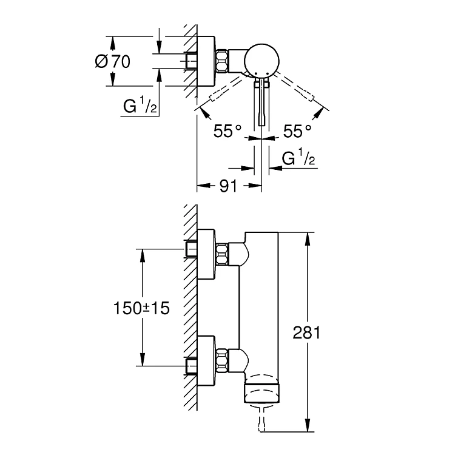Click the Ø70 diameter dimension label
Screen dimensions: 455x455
tap(113, 61)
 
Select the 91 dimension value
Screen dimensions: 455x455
tap(228, 186)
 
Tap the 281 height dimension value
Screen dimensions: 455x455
tap(306, 332)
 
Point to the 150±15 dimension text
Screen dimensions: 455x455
tap(141, 308)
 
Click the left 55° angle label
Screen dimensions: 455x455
tap(227, 131)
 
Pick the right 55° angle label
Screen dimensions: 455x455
tap(297, 131)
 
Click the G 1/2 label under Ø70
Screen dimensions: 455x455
tap(140, 105)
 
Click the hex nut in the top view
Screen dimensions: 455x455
tap(222, 61)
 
